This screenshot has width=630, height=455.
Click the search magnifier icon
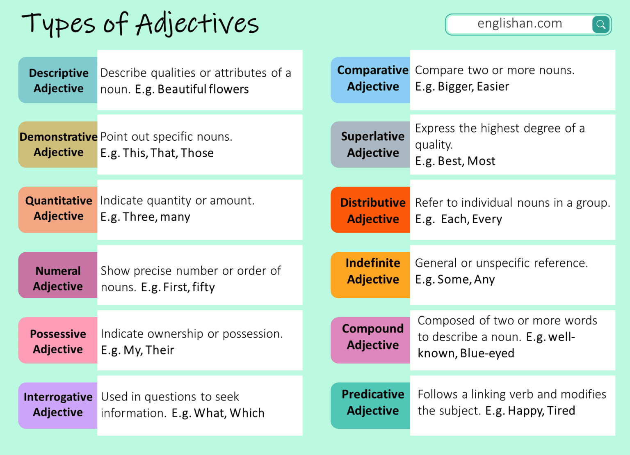pos(600,24)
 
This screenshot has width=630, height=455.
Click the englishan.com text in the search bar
pos(519,23)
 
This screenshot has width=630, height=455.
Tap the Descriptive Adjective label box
pos(58,80)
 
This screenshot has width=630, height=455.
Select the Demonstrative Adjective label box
pos(58,144)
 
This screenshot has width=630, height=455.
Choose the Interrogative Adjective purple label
pos(58,405)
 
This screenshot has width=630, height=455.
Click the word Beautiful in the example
pos(182,89)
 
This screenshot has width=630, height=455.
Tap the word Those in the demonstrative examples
pos(197,153)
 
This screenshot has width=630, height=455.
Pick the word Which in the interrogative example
pos(247,413)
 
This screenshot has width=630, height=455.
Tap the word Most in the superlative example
pos(482,161)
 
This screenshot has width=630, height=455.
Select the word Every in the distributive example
pos(487,219)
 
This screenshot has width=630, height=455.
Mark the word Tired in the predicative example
pos(561,411)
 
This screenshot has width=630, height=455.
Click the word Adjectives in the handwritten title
pos(197,24)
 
